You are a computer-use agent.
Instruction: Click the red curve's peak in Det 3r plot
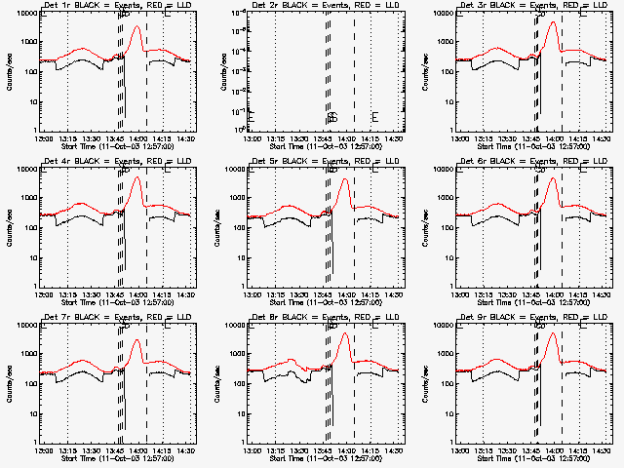pyautogui.click(x=554, y=22)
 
